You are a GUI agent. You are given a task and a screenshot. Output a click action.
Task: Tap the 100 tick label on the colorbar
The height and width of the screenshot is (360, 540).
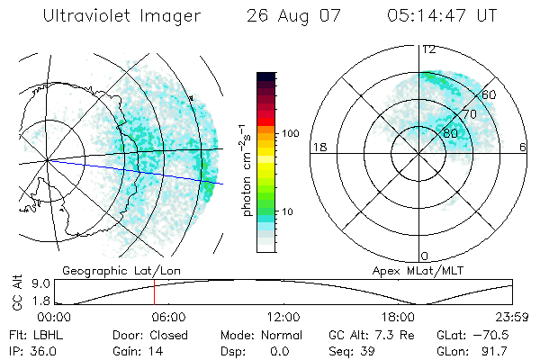(289, 133)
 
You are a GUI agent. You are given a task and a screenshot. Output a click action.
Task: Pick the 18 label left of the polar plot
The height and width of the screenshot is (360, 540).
(318, 147)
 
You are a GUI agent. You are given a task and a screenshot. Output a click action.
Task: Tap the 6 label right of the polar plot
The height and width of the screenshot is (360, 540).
(524, 147)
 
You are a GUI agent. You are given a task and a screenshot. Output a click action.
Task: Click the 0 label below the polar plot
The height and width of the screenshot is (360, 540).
(425, 256)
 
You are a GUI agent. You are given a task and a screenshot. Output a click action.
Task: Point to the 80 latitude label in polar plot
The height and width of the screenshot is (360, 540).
(450, 132)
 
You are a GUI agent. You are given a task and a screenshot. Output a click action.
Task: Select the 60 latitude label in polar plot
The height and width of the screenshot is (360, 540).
(489, 94)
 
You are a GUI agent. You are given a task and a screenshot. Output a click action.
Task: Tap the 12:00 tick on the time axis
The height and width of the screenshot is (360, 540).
(283, 317)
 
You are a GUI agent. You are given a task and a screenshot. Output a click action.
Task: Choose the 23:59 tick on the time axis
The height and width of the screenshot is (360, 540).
(512, 317)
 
